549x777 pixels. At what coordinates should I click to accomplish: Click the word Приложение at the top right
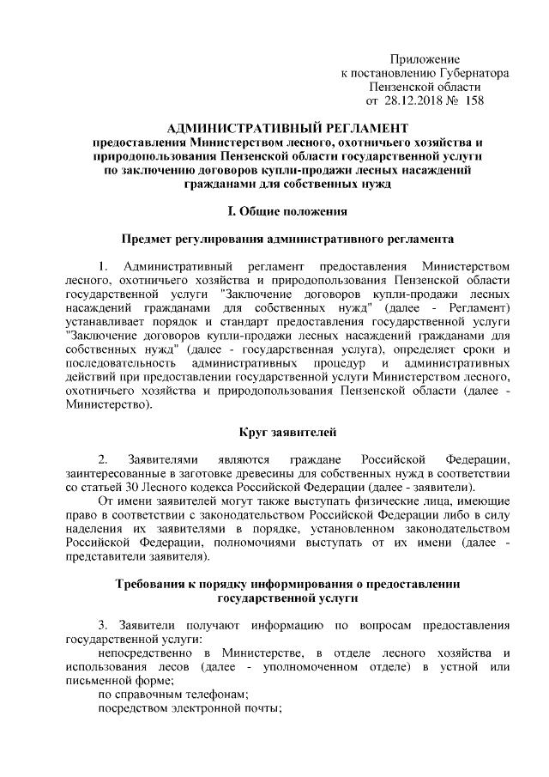click(x=425, y=58)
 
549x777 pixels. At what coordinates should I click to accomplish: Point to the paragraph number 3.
click(x=103, y=624)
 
